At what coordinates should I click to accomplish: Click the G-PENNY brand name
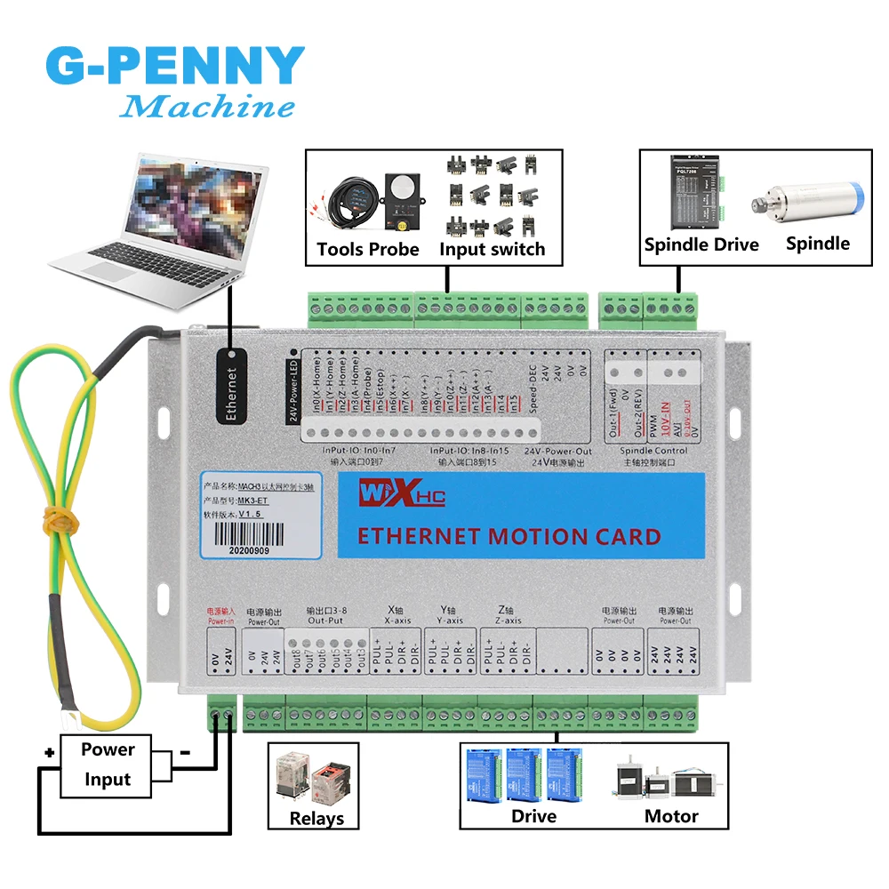(x=174, y=66)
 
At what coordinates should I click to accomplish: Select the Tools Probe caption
(x=368, y=249)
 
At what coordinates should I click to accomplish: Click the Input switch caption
(x=492, y=249)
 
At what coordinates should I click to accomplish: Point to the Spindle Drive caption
(x=701, y=244)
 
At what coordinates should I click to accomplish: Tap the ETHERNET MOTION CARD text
(x=509, y=537)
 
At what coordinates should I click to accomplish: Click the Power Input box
(x=108, y=765)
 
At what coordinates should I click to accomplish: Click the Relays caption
(x=316, y=819)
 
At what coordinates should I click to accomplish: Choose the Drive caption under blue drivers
(x=533, y=816)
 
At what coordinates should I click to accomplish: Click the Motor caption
(x=671, y=816)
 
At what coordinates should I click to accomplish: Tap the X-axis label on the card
(x=397, y=621)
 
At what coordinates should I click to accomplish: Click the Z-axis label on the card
(x=509, y=621)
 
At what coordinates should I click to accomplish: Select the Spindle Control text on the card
(x=653, y=451)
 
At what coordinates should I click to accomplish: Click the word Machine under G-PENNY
(x=206, y=108)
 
